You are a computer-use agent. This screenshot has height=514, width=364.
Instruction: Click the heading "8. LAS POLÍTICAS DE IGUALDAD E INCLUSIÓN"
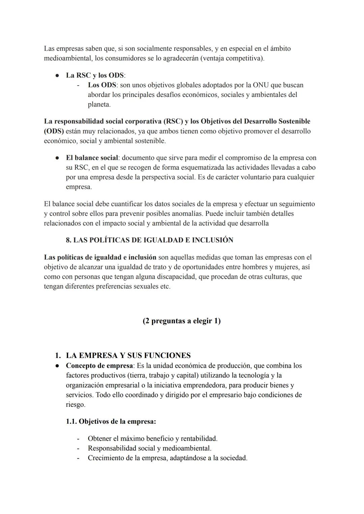click(x=149, y=240)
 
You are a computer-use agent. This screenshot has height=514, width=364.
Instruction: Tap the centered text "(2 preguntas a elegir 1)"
click(x=182, y=321)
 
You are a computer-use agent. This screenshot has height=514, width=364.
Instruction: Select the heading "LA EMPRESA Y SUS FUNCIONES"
click(x=128, y=356)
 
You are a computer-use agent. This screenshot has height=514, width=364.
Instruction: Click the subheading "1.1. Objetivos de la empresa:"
click(x=111, y=422)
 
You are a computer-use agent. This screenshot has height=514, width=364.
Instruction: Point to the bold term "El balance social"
click(x=92, y=158)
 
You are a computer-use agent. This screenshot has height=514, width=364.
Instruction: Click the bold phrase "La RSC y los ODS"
click(x=95, y=75)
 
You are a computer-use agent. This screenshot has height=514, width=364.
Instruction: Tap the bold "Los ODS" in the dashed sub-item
click(x=102, y=85)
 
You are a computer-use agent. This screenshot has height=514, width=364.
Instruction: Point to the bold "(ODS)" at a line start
click(x=54, y=131)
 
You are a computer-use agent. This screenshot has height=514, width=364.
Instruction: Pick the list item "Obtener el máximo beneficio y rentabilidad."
click(x=152, y=439)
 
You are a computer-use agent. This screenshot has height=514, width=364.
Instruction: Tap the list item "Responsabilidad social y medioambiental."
click(x=149, y=449)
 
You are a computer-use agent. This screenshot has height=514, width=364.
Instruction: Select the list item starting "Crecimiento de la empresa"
click(x=168, y=458)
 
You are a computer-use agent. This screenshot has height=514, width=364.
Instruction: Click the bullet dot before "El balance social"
click(x=58, y=158)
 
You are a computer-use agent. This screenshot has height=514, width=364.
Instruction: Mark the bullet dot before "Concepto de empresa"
click(x=58, y=366)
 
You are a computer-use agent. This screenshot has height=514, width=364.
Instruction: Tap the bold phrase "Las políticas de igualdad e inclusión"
click(x=100, y=258)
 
